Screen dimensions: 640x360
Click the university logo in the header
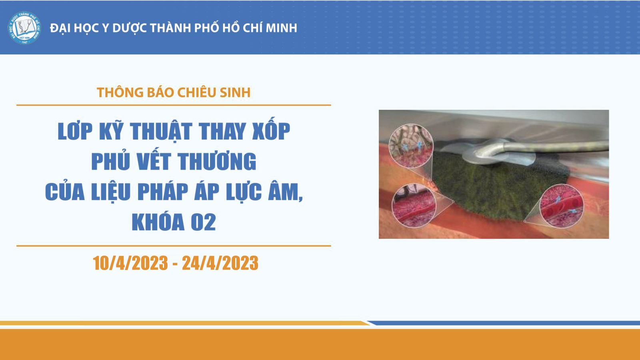tap(24, 28)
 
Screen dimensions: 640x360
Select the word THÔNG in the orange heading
tap(120, 92)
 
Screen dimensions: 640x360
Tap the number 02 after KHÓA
tap(204, 222)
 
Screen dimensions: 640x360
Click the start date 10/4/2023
tap(130, 263)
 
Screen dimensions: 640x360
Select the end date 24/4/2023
tap(220, 263)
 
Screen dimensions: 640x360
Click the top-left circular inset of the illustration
tap(411, 146)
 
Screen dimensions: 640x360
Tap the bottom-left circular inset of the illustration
tap(414, 206)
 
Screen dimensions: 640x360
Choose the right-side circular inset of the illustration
tap(562, 206)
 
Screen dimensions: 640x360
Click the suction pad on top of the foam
tap(486, 152)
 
